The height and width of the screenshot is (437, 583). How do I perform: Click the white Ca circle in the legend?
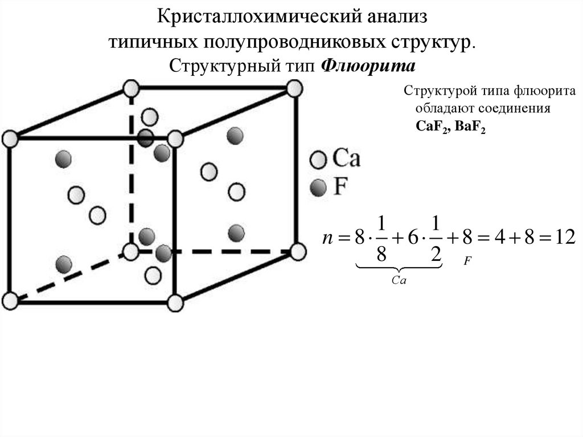(318, 159)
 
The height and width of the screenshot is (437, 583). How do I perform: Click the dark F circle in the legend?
(318, 186)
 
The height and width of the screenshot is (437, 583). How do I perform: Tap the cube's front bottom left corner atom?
(10, 299)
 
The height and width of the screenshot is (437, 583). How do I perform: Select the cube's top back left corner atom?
(131, 89)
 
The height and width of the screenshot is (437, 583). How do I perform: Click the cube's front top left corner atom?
(10, 138)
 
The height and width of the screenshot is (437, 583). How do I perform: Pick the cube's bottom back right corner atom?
(297, 250)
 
